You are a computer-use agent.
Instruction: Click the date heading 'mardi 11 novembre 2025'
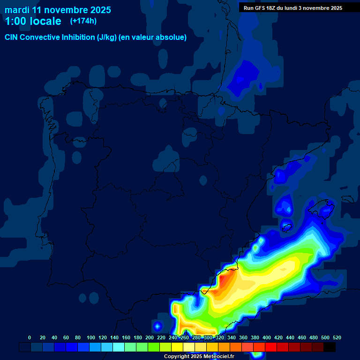pyautogui.click(x=58, y=10)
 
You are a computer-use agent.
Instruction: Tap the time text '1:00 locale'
pyautogui.click(x=33, y=21)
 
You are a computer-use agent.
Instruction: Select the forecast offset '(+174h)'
pyautogui.click(x=83, y=21)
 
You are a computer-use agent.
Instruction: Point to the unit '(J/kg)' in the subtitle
pyautogui.click(x=107, y=37)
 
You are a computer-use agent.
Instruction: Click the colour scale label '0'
pyautogui.click(x=30, y=337)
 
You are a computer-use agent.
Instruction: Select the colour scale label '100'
pyautogui.click(x=91, y=337)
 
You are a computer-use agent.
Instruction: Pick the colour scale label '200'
pyautogui.click(x=150, y=337)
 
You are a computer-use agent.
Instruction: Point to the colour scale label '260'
pyautogui.click(x=185, y=337)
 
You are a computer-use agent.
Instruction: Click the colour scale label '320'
pyautogui.click(x=220, y=337)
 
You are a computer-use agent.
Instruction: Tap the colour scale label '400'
pyautogui.click(x=267, y=337)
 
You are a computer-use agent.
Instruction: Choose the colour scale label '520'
pyautogui.click(x=337, y=337)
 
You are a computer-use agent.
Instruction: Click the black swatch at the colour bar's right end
pyautogui.click(x=330, y=347)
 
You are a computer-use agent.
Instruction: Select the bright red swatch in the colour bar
pyautogui.click(x=271, y=347)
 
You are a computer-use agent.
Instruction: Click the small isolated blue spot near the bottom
pyautogui.click(x=157, y=325)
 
